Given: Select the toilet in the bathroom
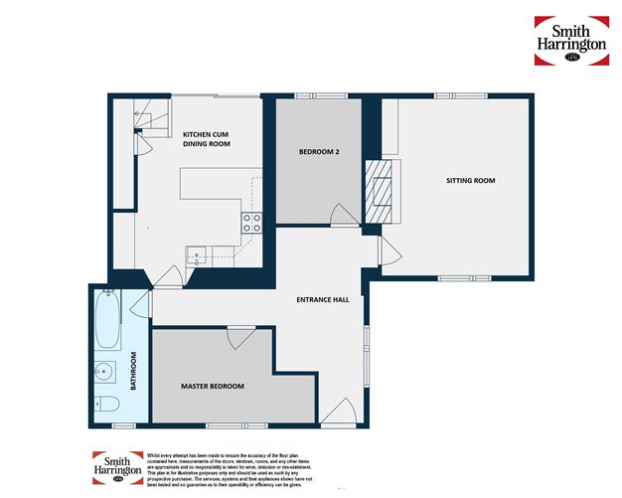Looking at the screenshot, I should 108,403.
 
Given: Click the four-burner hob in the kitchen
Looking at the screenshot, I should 252,221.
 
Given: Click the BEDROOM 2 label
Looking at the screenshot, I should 320,152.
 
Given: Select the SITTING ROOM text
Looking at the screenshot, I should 469,181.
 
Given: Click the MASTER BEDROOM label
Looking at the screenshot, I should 212,386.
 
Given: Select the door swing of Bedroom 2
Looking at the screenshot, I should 344,215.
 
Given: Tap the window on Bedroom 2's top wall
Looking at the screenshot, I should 321,96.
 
